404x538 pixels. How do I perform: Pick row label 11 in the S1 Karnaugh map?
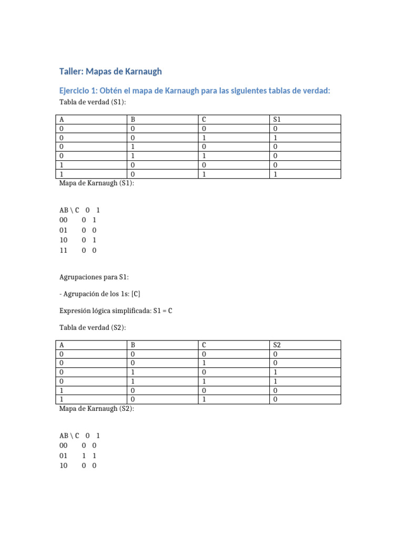pos(64,251)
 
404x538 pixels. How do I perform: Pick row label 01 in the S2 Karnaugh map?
pos(64,456)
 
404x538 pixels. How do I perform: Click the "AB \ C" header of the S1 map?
pos(69,210)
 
